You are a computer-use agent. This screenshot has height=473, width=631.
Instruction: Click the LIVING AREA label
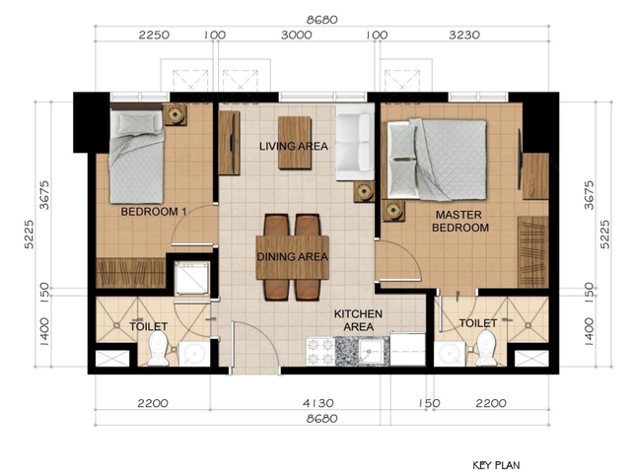coord(294,146)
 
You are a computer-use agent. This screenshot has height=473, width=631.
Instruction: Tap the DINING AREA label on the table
coord(293,256)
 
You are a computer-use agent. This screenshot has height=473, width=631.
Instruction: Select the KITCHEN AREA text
coord(358,320)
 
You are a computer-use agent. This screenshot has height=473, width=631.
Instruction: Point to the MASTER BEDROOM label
coord(460,221)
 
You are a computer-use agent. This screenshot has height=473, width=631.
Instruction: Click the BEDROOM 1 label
coord(154,212)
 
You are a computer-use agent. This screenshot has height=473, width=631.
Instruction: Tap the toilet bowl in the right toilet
coord(486,348)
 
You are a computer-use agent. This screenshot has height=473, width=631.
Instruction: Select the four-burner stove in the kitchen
coord(320,351)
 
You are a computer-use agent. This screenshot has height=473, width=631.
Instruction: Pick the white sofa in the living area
coord(355,142)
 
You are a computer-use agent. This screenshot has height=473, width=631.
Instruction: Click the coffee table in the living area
coord(295,143)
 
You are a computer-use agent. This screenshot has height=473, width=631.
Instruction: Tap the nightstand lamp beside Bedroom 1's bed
coord(175,114)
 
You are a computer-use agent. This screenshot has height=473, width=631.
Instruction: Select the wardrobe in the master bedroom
coord(533,252)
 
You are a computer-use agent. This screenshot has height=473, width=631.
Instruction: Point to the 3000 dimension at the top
coord(296,35)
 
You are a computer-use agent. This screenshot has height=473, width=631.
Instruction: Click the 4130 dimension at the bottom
coord(318,403)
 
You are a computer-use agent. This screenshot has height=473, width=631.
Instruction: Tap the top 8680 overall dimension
coord(322,20)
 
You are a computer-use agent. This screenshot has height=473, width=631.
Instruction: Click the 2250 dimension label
coord(154,35)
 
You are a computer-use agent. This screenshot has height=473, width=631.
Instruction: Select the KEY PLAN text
coord(496,465)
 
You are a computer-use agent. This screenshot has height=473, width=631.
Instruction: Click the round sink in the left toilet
coord(194,354)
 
